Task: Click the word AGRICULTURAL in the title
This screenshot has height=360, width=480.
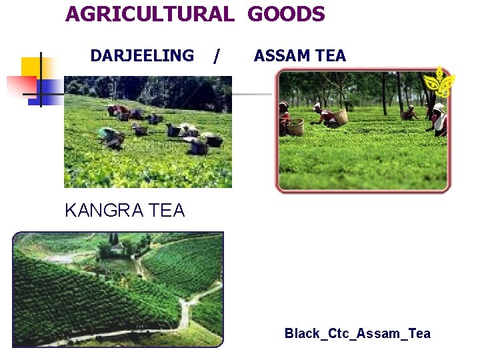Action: [150, 14]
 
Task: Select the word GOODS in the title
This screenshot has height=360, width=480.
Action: [287, 14]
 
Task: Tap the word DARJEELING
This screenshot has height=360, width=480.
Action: [142, 56]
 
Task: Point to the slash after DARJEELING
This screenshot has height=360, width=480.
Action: [215, 57]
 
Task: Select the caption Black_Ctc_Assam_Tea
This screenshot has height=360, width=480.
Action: [357, 333]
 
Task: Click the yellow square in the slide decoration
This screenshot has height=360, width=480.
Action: [31, 67]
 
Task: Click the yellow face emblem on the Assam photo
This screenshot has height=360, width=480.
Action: [441, 83]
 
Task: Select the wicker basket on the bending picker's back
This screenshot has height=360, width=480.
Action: [339, 117]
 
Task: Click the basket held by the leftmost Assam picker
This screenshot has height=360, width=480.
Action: [295, 126]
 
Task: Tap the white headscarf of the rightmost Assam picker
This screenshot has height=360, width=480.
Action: [437, 107]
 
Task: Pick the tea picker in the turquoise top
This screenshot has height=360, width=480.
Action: [107, 133]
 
